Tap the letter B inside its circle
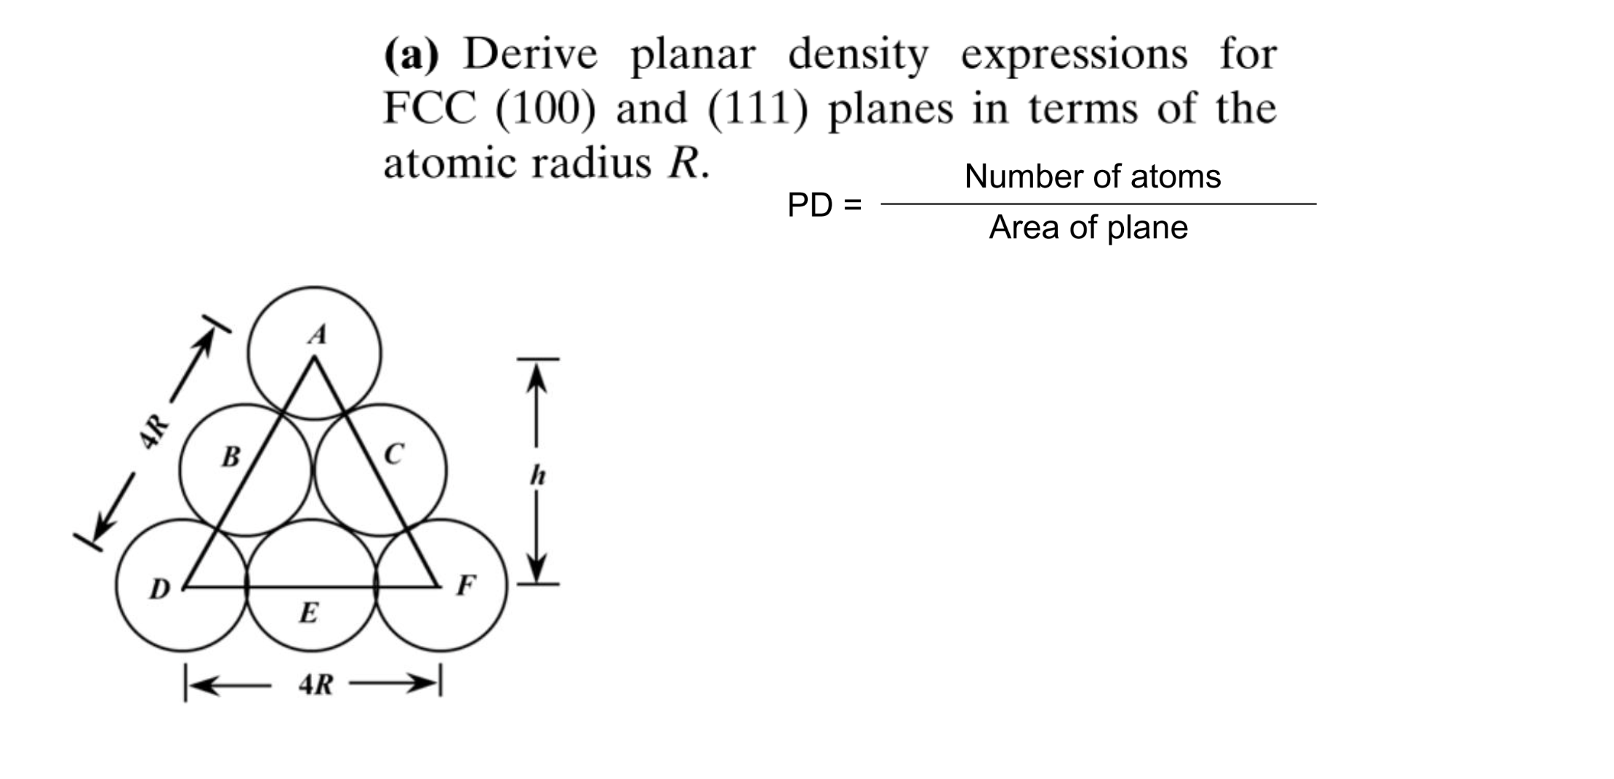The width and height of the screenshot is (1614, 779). coord(230,457)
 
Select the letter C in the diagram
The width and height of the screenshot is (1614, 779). coord(393,454)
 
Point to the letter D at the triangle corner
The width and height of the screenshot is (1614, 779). coord(159,589)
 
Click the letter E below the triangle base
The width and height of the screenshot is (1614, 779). coord(308,613)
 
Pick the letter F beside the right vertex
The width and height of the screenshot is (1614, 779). coord(465,585)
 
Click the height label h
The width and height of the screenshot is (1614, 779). coord(537,476)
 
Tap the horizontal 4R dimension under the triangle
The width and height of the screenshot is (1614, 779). coord(316,685)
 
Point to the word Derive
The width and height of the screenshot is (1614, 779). coord(530,55)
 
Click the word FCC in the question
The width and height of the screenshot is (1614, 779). coord(429,109)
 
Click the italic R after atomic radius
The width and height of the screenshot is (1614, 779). coord(683,163)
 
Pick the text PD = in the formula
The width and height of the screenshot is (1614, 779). coord(824,206)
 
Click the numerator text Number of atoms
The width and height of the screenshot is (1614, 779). coord(1092,177)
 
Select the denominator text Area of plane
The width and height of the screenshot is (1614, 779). coord(1088,227)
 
